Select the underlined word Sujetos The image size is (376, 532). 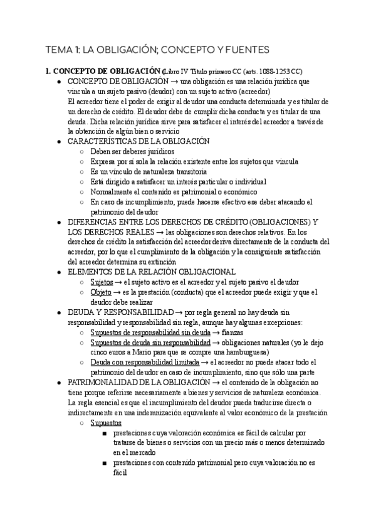[102, 282]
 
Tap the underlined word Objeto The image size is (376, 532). [101, 292]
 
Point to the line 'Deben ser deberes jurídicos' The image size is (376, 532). [132, 152]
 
